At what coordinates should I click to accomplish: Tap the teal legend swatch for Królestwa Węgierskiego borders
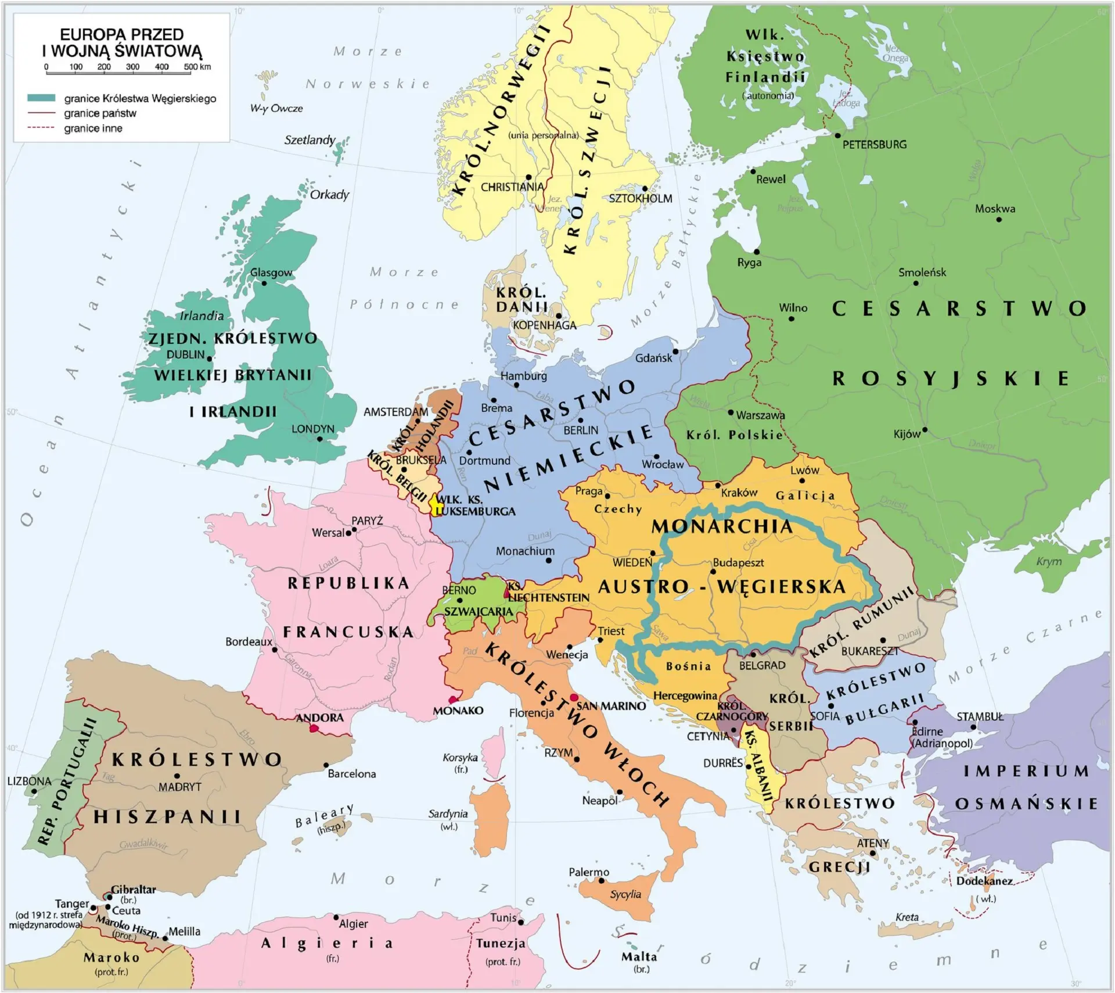pyautogui.click(x=41, y=98)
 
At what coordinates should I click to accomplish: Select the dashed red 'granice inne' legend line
pyautogui.click(x=41, y=128)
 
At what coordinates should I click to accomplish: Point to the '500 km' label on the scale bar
pyautogui.click(x=197, y=67)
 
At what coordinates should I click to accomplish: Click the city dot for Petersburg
pyautogui.click(x=837, y=135)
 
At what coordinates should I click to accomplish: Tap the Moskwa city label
pyautogui.click(x=995, y=209)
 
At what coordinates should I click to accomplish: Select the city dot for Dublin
pyautogui.click(x=210, y=359)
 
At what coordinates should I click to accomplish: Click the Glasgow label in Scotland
pyautogui.click(x=271, y=273)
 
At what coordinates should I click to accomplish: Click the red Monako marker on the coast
pyautogui.click(x=453, y=700)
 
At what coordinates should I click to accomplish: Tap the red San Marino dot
pyautogui.click(x=574, y=697)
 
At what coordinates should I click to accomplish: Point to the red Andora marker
pyautogui.click(x=314, y=729)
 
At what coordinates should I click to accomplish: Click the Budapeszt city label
pyautogui.click(x=738, y=562)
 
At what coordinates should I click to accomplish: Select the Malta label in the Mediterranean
pyautogui.click(x=639, y=956)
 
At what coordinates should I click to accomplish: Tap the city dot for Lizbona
pyautogui.click(x=34, y=791)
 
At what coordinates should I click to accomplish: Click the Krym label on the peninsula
pyautogui.click(x=1049, y=562)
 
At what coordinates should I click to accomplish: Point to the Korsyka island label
pyautogui.click(x=460, y=758)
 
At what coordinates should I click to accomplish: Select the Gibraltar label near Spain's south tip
pyautogui.click(x=133, y=890)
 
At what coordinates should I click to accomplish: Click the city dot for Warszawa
pyautogui.click(x=731, y=413)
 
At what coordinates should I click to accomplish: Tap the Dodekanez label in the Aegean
pyautogui.click(x=984, y=881)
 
